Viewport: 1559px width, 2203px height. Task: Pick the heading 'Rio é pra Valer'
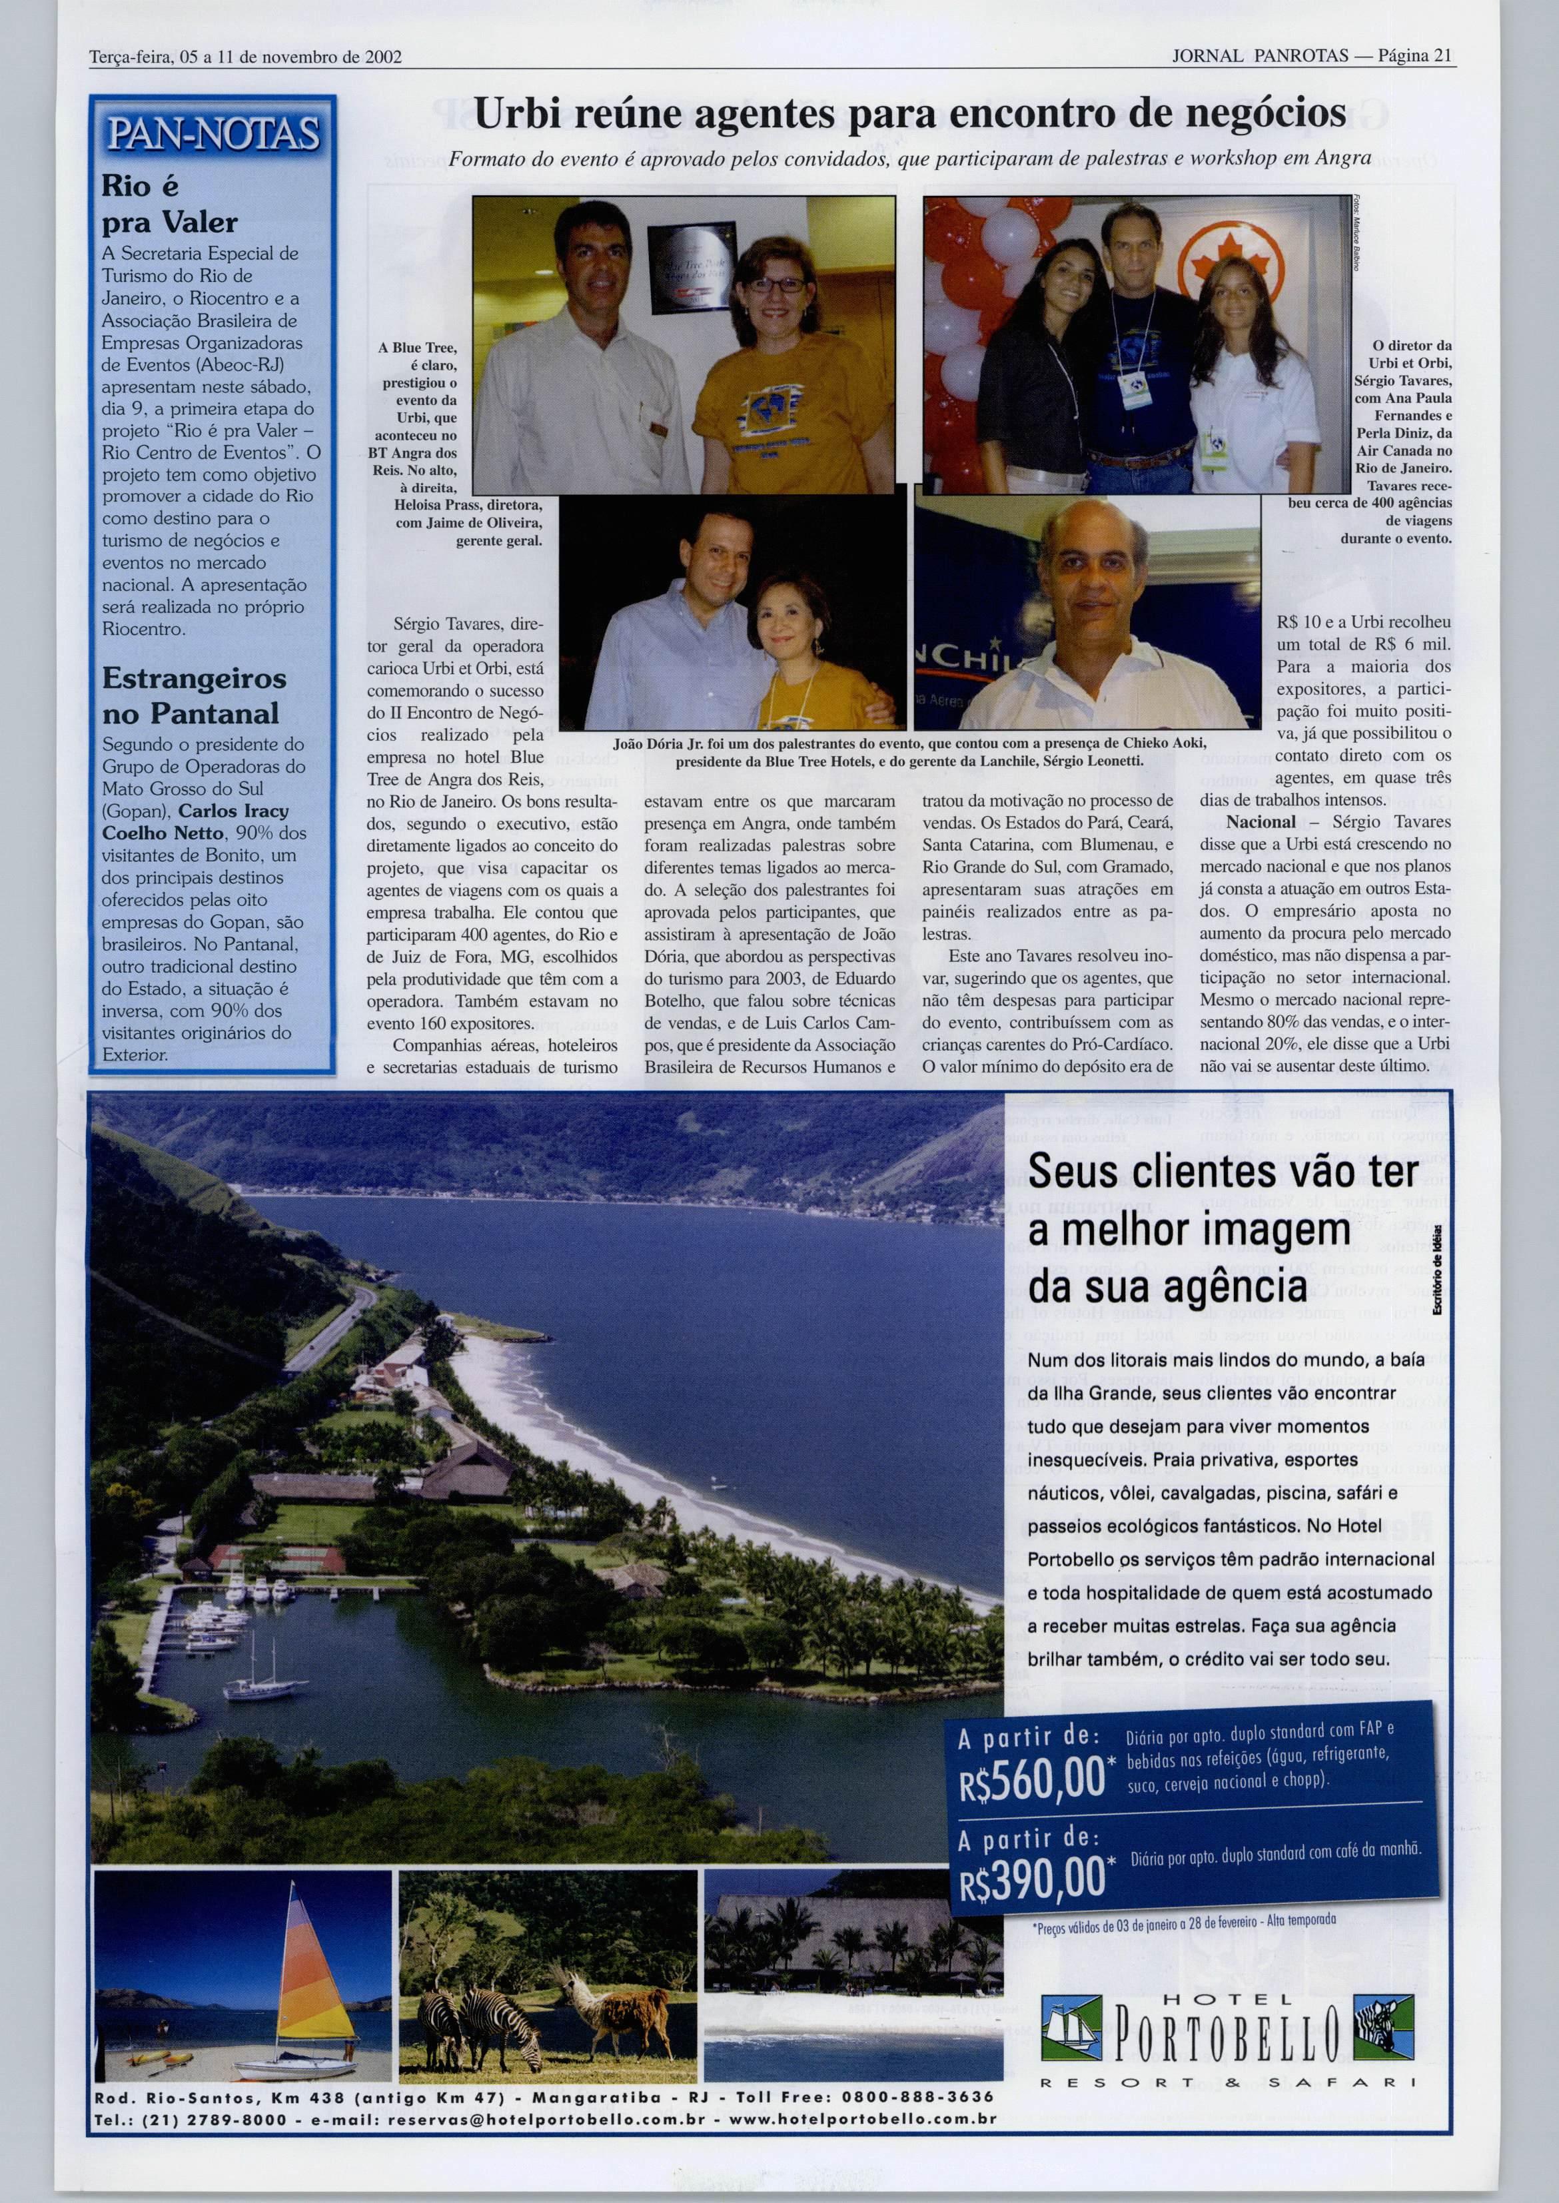169,205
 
